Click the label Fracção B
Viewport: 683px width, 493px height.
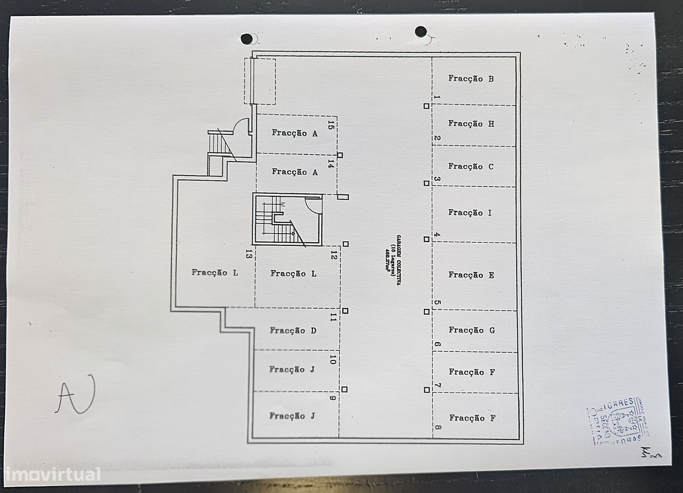pos(471,79)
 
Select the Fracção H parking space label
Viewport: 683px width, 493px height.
pos(471,124)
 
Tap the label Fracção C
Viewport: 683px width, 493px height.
pos(471,166)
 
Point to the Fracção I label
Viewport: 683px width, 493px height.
pos(470,213)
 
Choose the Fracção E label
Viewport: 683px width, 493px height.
pos(471,275)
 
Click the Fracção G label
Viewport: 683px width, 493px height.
pos(472,330)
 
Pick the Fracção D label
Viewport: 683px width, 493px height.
pos(293,331)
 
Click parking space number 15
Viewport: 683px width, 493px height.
pos(331,126)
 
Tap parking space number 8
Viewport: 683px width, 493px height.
pos(438,427)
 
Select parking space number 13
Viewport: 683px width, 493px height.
pos(249,255)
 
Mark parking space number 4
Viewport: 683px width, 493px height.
pos(437,235)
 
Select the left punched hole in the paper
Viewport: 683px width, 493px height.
pos(247,39)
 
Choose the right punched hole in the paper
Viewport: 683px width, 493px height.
pos(420,31)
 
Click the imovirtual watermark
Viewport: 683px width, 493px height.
pos(51,474)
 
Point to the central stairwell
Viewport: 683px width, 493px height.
pos(287,219)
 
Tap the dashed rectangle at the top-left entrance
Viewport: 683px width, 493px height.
pos(260,82)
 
